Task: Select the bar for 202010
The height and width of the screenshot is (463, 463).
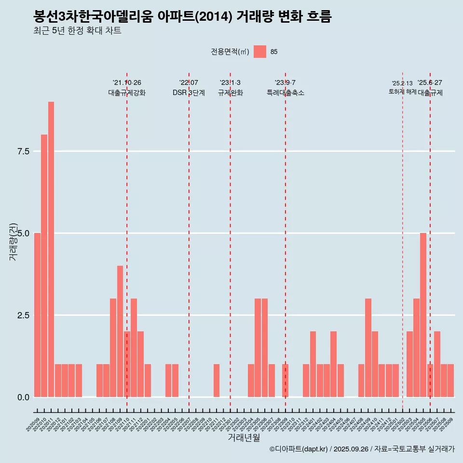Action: coord(44,266)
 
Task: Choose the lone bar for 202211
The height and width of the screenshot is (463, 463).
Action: coord(217,381)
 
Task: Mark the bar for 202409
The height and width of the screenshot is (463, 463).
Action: coord(368,348)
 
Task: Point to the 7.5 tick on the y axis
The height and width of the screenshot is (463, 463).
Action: coord(24,151)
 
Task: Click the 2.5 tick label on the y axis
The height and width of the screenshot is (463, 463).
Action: coord(24,315)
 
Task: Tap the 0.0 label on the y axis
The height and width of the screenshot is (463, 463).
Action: coord(24,397)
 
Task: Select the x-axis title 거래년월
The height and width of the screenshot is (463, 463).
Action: coord(244,438)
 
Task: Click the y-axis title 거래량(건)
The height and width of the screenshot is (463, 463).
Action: coord(13,242)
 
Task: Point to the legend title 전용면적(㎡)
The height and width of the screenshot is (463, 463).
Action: coord(230,52)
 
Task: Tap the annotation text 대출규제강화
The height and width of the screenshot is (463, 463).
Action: coord(127,93)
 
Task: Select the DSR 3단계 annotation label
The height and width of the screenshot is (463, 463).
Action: coord(189,93)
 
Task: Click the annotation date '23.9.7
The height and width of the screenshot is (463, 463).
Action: coord(285,83)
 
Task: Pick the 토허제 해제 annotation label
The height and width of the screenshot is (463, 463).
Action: coord(402,92)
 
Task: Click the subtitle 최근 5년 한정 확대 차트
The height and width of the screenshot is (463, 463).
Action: coord(77,31)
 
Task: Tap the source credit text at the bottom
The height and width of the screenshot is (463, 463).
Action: coord(362,449)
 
